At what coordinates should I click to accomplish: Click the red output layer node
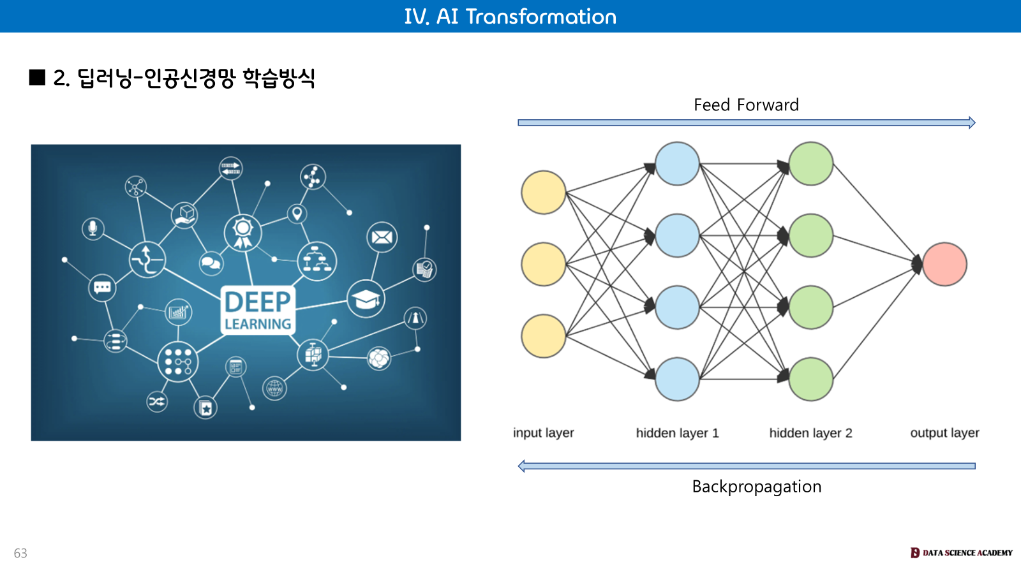944,264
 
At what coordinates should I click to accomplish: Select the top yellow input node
544,192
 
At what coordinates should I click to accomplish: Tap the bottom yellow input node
544,336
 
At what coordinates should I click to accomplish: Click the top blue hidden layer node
677,164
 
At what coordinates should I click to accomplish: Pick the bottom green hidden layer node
810,379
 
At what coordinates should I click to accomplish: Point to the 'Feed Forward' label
746,105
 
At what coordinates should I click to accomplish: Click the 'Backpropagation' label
757,487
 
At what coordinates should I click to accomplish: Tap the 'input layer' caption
544,433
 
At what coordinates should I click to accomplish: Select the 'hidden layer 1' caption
677,433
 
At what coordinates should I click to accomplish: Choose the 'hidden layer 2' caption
810,433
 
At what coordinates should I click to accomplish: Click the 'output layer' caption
944,433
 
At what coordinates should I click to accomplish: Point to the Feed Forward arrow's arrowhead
971,122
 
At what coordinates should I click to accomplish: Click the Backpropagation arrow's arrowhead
522,466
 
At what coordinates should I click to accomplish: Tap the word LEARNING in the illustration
258,324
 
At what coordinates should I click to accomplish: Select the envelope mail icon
382,238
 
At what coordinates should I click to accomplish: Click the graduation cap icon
366,298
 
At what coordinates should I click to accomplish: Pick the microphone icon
93,228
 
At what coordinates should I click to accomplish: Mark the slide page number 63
20,553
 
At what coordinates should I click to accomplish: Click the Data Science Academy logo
961,553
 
